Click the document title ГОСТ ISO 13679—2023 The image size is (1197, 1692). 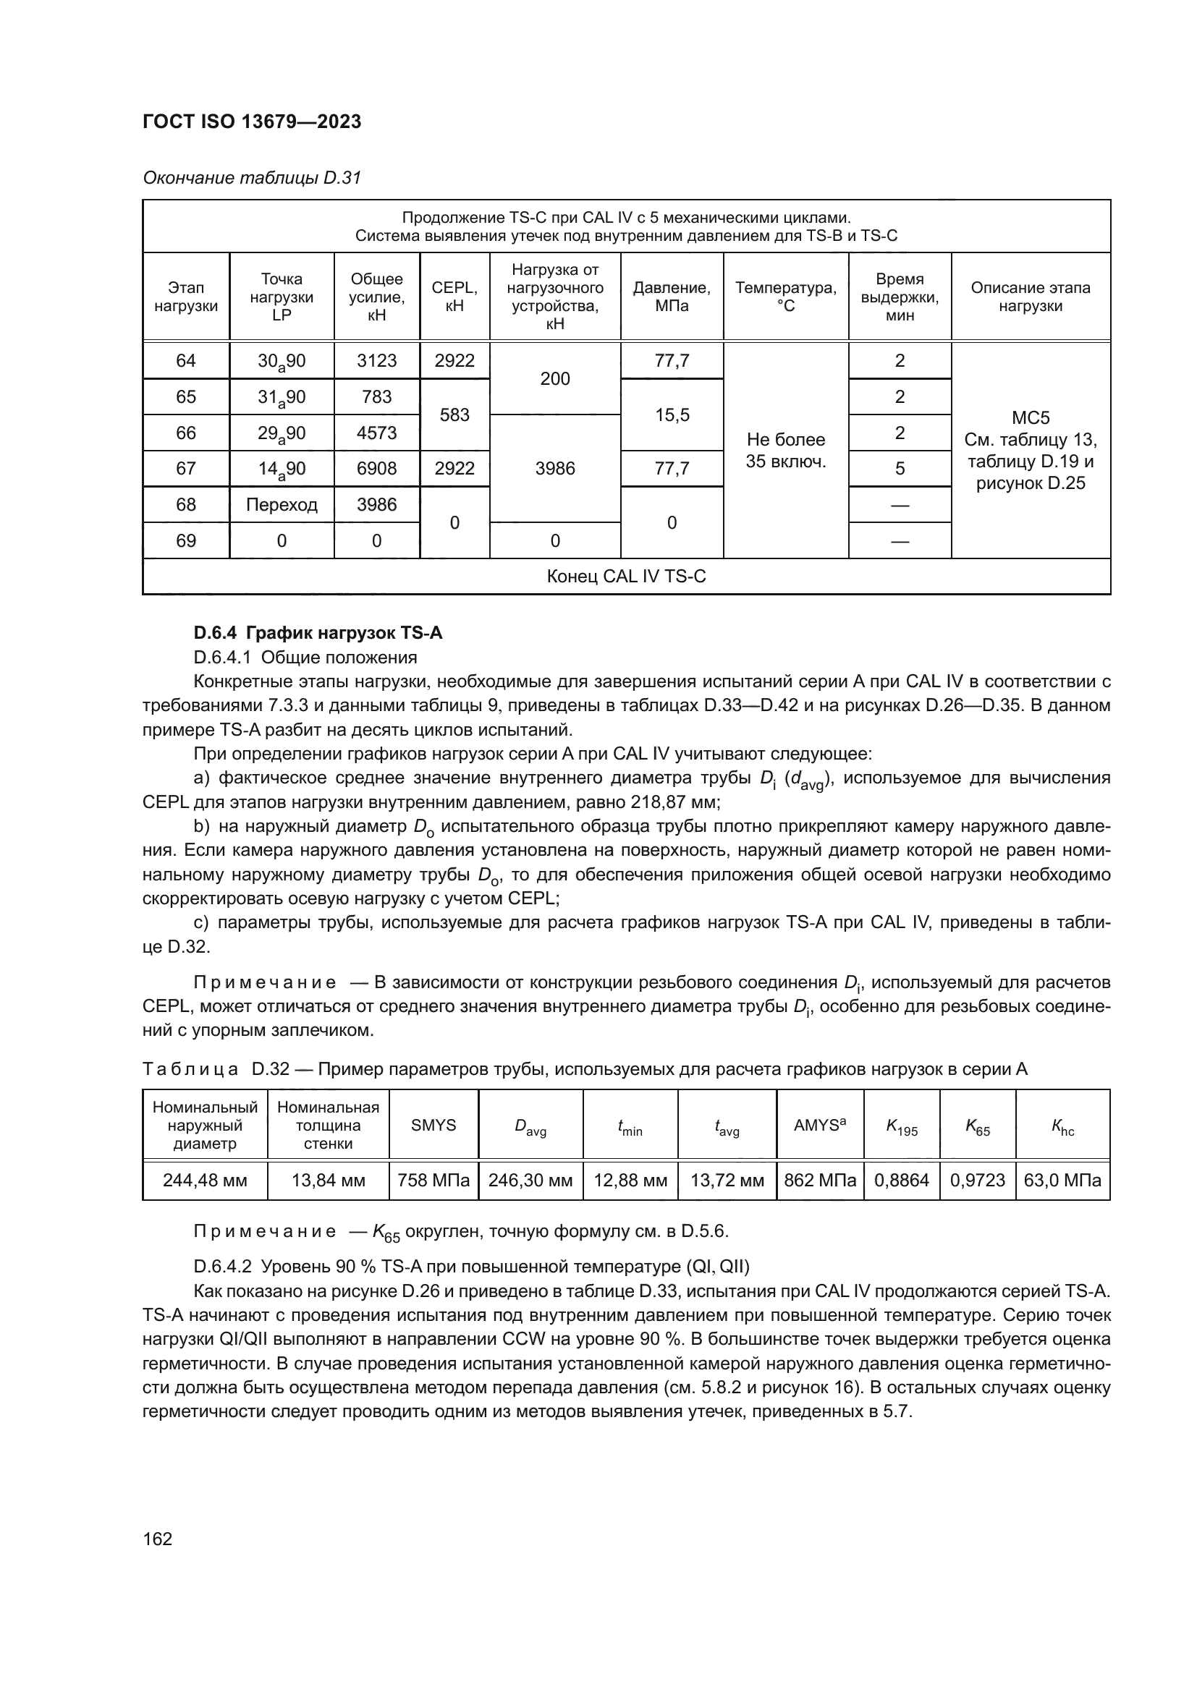point(251,122)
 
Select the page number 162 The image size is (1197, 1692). point(157,1539)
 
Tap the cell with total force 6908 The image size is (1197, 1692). point(376,469)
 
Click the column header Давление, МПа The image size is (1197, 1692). point(672,297)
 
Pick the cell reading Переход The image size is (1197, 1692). point(282,505)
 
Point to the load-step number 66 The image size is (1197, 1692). point(186,433)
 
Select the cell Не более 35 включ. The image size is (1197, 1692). point(786,450)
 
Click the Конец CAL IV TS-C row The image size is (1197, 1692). point(626,577)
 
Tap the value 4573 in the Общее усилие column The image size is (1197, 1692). point(376,433)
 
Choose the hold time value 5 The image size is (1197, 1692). point(900,469)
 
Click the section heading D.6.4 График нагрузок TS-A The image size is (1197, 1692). point(318,633)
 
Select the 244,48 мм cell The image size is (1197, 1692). point(205,1181)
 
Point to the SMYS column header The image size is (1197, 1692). point(433,1126)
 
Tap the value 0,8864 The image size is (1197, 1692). point(902,1181)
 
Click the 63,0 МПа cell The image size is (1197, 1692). point(1062,1181)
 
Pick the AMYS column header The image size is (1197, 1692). point(820,1126)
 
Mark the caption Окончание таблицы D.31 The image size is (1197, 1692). point(251,178)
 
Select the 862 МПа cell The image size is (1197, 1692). point(820,1181)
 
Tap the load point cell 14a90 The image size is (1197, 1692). point(282,469)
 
